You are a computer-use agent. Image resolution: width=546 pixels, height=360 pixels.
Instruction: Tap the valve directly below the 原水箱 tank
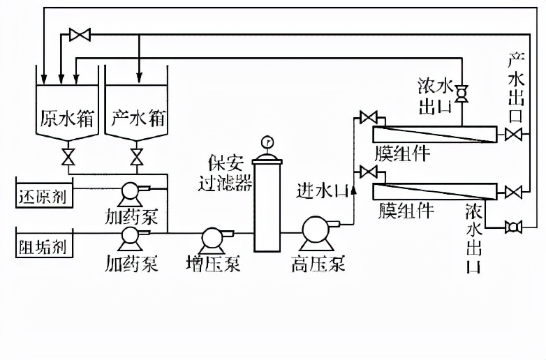point(68,155)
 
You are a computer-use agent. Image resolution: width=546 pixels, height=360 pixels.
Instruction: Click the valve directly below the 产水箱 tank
point(138,155)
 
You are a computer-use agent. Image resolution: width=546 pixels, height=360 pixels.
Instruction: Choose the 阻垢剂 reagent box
point(43,246)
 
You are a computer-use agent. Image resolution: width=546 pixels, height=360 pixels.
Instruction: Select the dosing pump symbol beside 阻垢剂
point(131,237)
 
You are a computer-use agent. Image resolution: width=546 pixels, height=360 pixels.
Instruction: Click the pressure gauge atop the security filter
point(266,144)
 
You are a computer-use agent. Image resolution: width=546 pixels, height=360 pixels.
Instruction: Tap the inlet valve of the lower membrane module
point(367,172)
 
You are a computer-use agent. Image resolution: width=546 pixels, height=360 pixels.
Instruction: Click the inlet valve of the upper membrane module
point(367,117)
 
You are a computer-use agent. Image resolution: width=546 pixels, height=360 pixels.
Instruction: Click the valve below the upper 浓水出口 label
point(462,91)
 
